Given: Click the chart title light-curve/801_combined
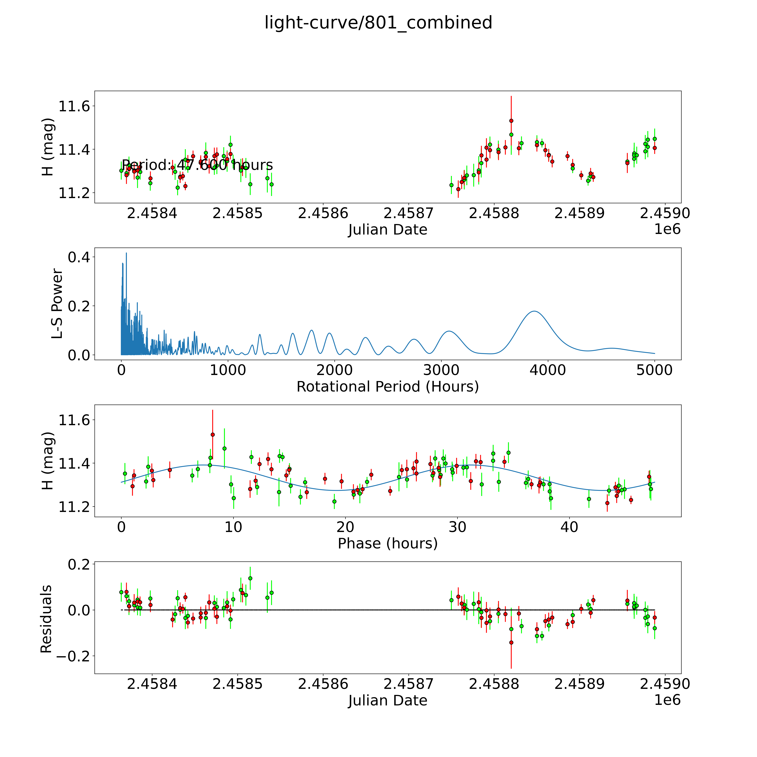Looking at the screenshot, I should click(x=378, y=23).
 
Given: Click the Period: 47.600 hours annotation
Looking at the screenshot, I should click(x=197, y=165).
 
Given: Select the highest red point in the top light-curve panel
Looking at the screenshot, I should click(x=511, y=121).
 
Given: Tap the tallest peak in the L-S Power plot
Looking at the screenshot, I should click(x=126, y=253).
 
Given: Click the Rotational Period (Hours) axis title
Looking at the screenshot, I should click(x=387, y=387).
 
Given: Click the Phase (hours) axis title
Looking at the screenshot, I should click(x=387, y=543).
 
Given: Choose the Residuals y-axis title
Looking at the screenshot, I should click(x=46, y=619).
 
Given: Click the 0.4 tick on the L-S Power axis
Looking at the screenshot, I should click(x=78, y=257).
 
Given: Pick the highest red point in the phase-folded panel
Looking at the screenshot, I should click(x=213, y=435).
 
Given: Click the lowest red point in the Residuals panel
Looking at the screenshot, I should click(x=511, y=643).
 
